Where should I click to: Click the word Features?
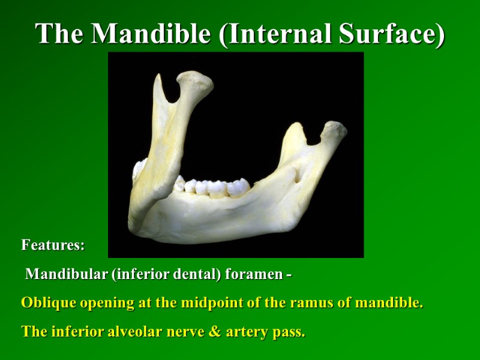(x=53, y=245)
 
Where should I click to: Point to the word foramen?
(x=252, y=275)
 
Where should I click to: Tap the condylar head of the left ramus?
(x=195, y=81)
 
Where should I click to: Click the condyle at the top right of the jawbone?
(x=334, y=129)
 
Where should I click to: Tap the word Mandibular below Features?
(x=65, y=275)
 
